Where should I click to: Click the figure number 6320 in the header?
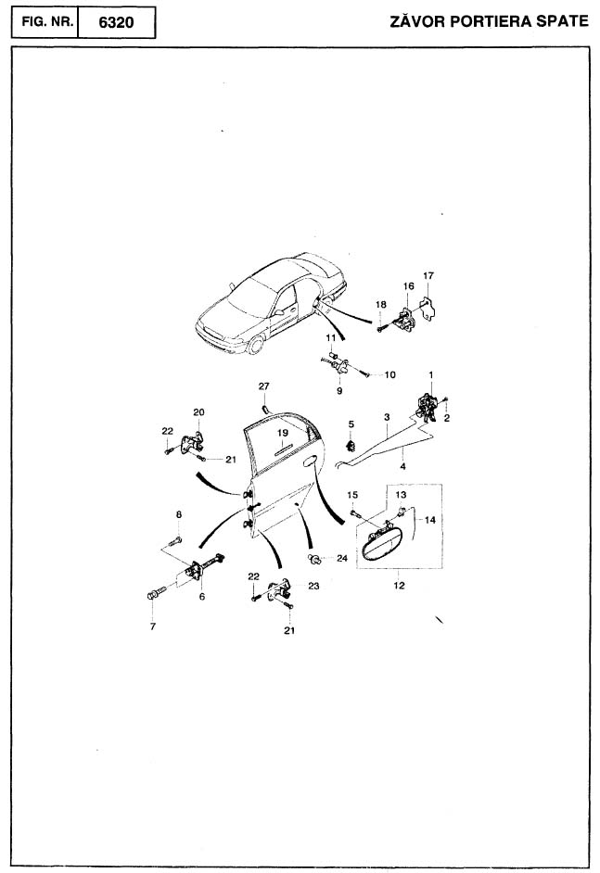point(116,22)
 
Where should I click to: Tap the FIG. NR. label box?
point(45,22)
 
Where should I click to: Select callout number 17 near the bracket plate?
point(428,275)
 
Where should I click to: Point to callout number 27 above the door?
point(263,386)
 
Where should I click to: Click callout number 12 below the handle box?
point(399,585)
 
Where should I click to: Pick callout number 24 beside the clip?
point(341,558)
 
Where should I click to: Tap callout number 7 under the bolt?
point(153,626)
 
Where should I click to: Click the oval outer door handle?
point(382,544)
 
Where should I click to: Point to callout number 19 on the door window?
point(283,433)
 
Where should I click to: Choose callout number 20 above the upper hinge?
point(198,412)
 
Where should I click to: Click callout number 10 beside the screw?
point(390,374)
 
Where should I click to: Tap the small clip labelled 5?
point(351,446)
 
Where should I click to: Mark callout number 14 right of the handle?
point(430,520)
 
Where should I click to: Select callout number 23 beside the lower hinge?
point(313,586)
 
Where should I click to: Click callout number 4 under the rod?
point(402,466)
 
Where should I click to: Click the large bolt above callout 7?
point(155,592)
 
